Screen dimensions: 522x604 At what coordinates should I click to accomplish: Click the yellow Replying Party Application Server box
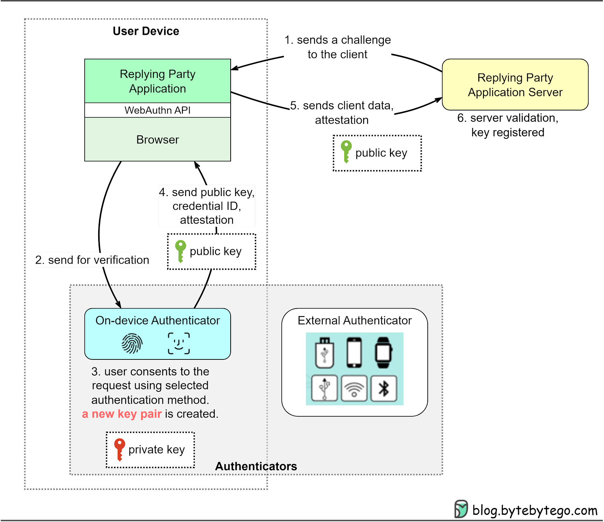(515, 84)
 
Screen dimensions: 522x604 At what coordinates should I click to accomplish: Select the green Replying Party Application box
(157, 81)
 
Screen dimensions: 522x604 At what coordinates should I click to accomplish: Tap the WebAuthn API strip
(157, 110)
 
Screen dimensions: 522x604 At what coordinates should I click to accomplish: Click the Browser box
(157, 140)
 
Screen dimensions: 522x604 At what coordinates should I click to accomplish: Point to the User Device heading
(146, 31)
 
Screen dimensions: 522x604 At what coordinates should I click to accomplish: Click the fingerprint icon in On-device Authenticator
(132, 344)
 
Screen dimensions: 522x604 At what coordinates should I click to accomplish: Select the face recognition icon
(179, 343)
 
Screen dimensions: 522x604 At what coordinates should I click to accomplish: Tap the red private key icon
(119, 449)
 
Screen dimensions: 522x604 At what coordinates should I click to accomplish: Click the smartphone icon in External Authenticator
(354, 353)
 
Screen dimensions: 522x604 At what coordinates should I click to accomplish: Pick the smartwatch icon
(383, 353)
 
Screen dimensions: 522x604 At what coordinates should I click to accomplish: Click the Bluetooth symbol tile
(384, 388)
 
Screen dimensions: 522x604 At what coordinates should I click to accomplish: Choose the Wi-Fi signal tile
(354, 388)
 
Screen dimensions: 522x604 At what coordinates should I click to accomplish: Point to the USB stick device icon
(325, 353)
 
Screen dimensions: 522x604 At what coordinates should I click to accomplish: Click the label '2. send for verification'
(92, 260)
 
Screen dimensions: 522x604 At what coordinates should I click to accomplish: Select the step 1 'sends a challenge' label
(337, 47)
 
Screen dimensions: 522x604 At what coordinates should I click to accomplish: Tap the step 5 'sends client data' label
(342, 112)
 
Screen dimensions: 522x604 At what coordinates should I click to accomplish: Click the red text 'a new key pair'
(122, 414)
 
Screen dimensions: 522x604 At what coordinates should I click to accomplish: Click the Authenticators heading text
(256, 466)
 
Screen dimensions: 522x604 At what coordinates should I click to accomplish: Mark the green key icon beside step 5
(346, 151)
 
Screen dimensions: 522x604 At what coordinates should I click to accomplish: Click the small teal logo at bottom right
(461, 509)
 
